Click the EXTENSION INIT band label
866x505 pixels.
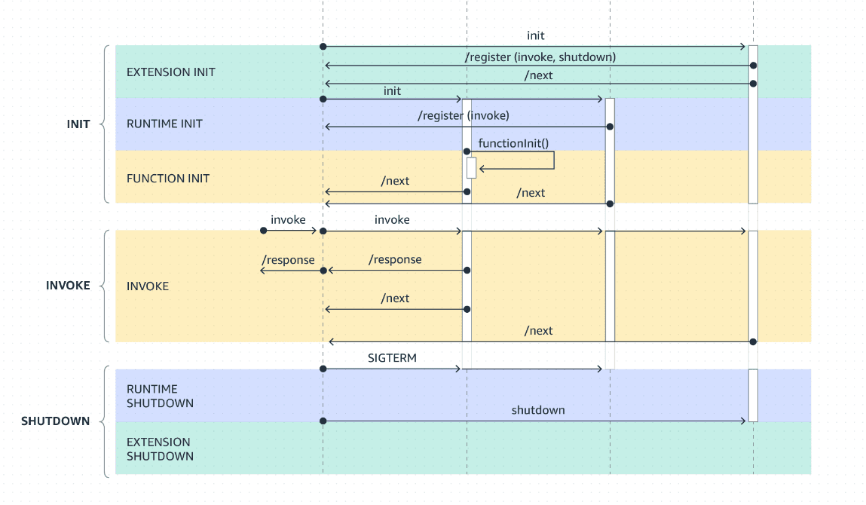[x=170, y=72]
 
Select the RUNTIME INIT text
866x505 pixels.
[x=164, y=124]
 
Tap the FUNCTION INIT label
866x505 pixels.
[x=168, y=179]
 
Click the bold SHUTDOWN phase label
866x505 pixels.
[x=55, y=421]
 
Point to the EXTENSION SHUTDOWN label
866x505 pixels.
[x=160, y=449]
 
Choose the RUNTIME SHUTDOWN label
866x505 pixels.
[x=160, y=396]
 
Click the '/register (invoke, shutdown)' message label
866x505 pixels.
[x=540, y=57]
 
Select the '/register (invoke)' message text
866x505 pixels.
[x=464, y=115]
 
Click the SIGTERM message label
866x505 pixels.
[x=392, y=359]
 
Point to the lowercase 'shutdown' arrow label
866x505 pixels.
[x=538, y=410]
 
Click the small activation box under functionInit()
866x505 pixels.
[x=471, y=168]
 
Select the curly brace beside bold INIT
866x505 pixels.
[x=106, y=124]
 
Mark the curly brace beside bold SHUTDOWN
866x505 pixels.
[x=106, y=421]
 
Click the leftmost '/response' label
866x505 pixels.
[x=288, y=260]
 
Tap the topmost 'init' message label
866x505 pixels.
[x=536, y=35]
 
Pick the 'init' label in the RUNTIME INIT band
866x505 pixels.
[x=392, y=90]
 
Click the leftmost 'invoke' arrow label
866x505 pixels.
[x=288, y=219]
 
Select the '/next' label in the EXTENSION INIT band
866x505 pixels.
[x=539, y=75]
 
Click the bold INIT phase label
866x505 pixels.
[x=78, y=124]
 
